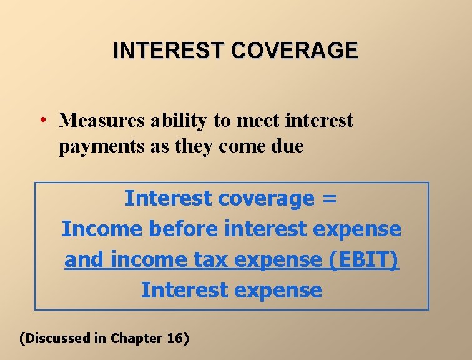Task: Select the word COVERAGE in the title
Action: (295, 50)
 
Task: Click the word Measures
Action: (96, 119)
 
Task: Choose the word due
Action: (287, 146)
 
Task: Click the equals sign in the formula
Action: (330, 199)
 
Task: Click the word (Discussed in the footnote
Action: (55, 338)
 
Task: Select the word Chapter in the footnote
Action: (136, 338)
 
